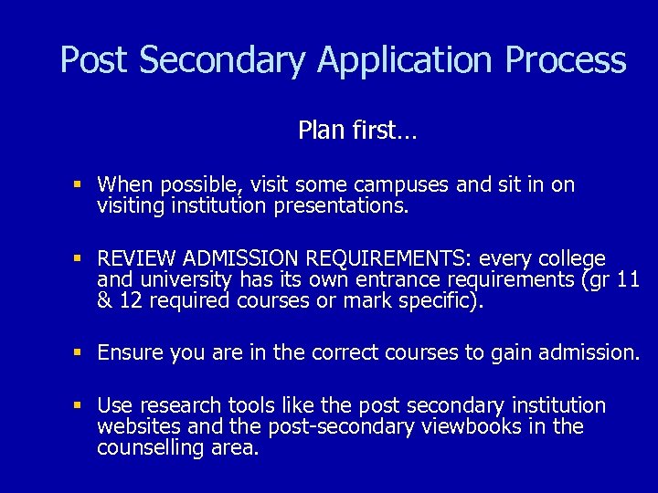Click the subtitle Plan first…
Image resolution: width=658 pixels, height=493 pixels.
coord(357,131)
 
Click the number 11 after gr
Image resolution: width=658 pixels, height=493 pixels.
coord(628,280)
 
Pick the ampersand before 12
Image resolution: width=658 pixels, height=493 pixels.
coord(104,301)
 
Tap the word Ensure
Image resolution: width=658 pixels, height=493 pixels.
coord(129,352)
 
